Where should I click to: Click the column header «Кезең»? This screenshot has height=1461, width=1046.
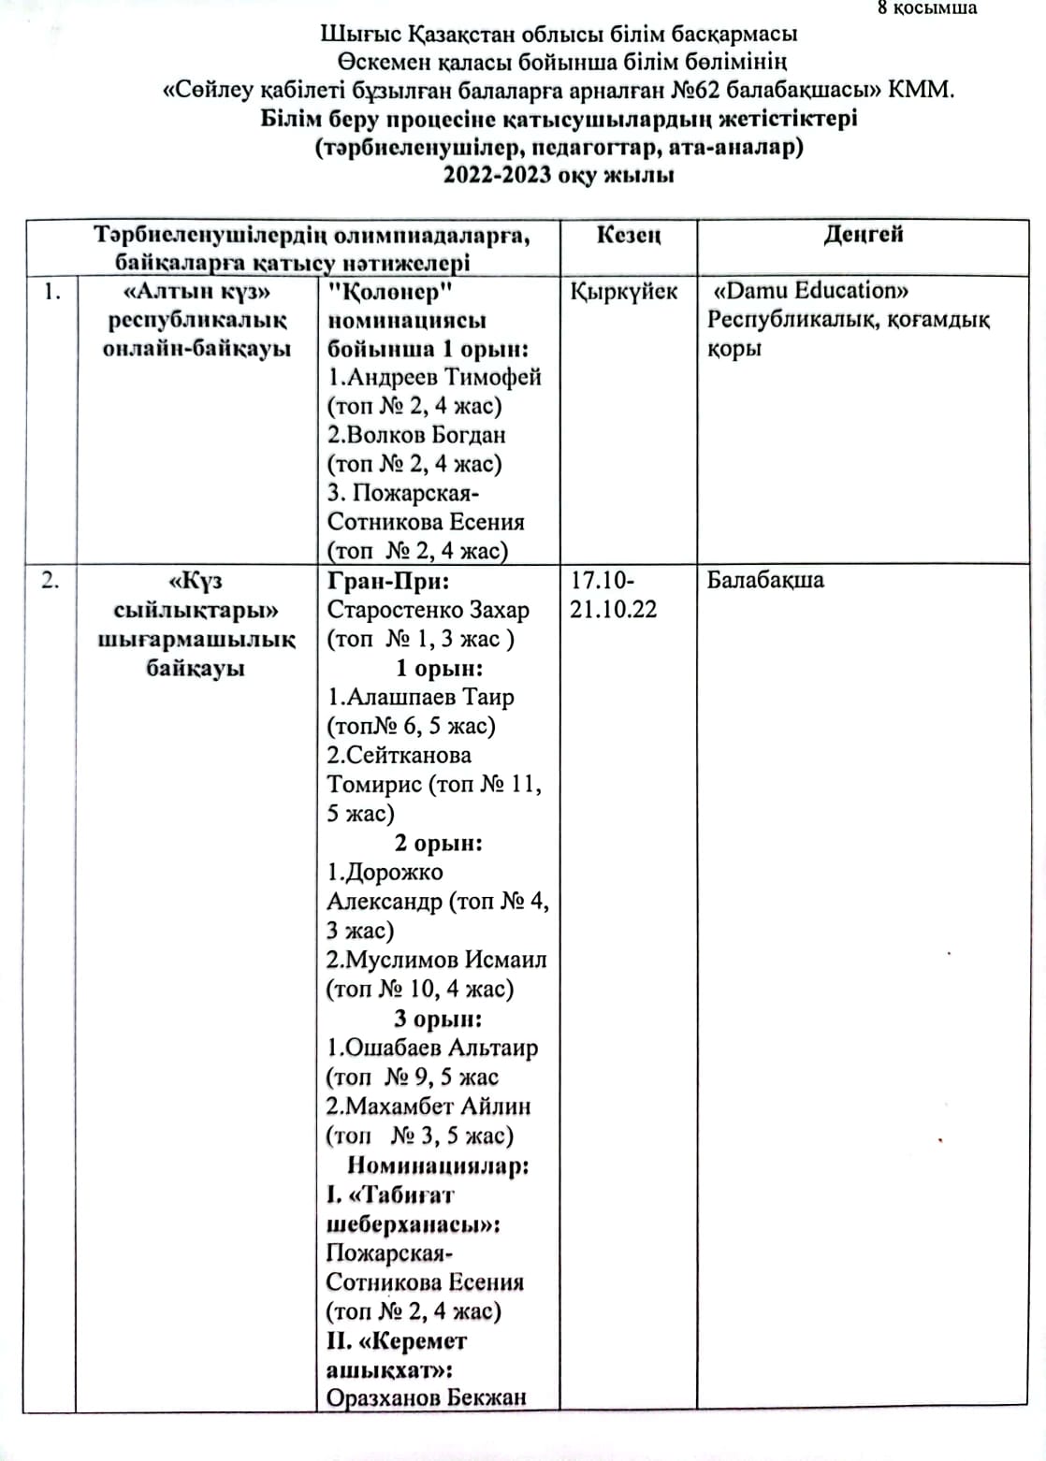pos(628,235)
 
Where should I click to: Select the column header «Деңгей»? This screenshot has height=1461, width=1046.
pos(864,234)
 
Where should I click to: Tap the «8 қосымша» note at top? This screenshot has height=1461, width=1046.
pos(927,8)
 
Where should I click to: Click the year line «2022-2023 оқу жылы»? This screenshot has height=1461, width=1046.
pos(559,175)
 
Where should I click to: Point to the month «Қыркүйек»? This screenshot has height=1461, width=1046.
pos(624,291)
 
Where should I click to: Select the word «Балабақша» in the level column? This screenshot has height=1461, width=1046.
pos(765,580)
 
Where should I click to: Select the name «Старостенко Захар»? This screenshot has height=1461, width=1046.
pos(428,610)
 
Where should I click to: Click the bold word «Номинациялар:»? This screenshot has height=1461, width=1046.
pos(439,1165)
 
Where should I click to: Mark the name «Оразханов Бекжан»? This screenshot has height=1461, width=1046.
pos(426,1397)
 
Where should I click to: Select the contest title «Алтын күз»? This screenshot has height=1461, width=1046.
pos(196,291)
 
